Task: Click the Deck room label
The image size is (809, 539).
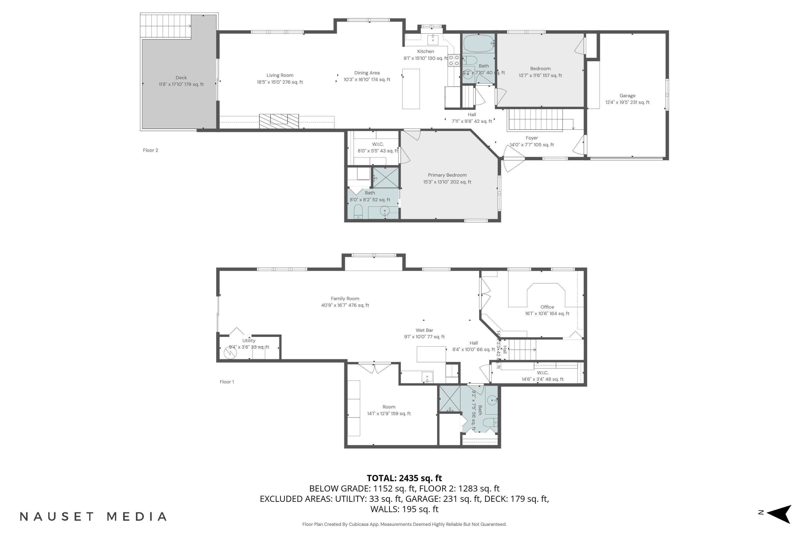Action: click(181, 78)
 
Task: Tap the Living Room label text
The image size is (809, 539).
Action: click(280, 75)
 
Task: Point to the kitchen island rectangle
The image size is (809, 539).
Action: click(411, 89)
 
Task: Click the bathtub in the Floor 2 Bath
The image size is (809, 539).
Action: click(478, 43)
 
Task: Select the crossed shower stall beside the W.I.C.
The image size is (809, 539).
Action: click(386, 178)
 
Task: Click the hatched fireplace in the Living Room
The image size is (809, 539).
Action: click(279, 121)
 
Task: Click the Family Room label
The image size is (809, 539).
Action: click(345, 299)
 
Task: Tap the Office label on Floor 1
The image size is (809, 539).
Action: click(547, 307)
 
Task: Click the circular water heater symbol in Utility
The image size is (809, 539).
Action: click(230, 353)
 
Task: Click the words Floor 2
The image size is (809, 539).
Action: click(150, 150)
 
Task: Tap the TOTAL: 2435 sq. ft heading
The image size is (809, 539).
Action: click(404, 478)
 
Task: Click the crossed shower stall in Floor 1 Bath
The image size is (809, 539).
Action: click(450, 399)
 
